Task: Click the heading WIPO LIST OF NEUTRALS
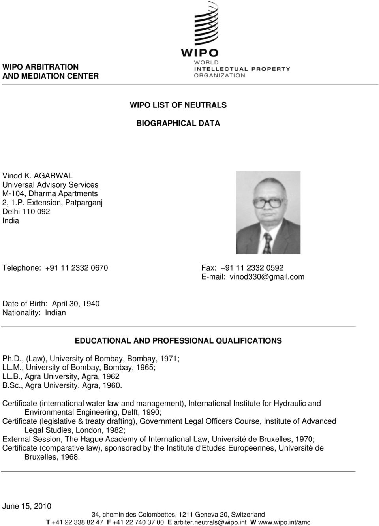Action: (178, 105)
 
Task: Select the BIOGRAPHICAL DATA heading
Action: (178, 123)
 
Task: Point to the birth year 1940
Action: (91, 304)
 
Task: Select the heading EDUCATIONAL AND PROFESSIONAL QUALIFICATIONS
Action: (178, 340)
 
